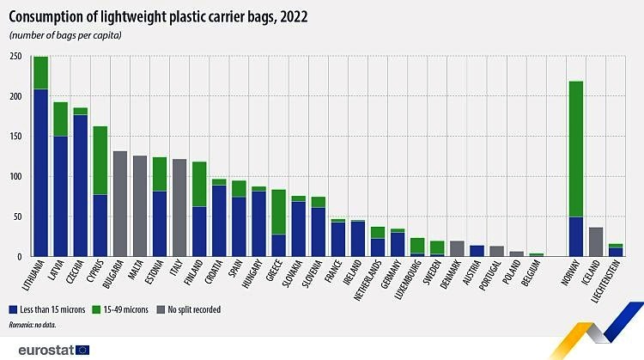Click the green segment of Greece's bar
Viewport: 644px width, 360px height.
[x=278, y=211]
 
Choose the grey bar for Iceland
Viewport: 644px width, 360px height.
[x=596, y=241]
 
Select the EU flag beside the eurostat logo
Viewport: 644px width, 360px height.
[x=83, y=350]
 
